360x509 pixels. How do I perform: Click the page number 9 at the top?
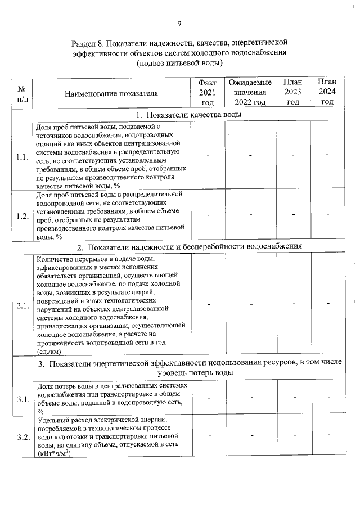pos(179,24)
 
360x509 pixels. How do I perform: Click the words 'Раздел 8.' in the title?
pos(89,43)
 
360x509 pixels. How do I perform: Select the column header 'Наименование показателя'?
pos(111,93)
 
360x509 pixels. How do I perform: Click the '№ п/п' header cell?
pos(23,93)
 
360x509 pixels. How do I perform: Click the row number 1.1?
pos(23,156)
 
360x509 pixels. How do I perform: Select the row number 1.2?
pos(23,216)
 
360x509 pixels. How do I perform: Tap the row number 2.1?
pos(23,305)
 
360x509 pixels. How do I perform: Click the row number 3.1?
pos(23,399)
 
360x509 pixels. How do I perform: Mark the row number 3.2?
pos(23,438)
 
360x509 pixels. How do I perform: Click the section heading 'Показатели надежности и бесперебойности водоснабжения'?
pos(183,246)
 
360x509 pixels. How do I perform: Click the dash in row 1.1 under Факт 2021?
pos(208,156)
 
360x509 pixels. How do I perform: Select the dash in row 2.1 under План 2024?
pos(327,304)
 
